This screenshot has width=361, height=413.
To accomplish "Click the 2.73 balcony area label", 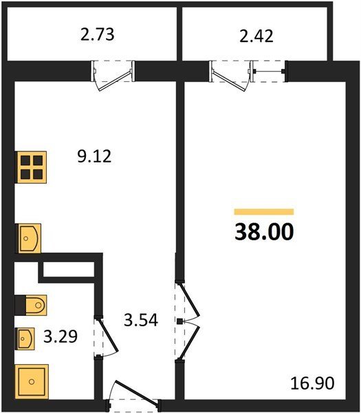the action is [x=98, y=35].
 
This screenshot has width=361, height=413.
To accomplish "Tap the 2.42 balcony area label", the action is [x=256, y=36].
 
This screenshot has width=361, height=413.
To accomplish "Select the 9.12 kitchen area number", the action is [x=94, y=156].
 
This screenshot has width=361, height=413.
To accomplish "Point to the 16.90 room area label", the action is [x=312, y=383].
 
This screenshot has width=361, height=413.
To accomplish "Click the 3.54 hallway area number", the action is [x=141, y=320].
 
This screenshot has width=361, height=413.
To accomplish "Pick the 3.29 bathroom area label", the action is [x=61, y=337].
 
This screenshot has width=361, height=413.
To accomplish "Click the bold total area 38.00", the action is [x=264, y=231].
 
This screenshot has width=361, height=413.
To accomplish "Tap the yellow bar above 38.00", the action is [x=264, y=212].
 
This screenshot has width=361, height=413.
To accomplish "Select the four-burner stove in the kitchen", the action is [x=32, y=167].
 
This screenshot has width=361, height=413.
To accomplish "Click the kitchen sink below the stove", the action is [x=28, y=238].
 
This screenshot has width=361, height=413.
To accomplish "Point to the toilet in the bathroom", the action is [x=36, y=305].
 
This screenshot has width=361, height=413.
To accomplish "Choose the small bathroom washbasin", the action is [x=25, y=339].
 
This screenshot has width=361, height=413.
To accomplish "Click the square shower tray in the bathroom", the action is [x=32, y=381].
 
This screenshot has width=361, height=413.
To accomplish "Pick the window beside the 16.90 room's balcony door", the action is [x=268, y=72].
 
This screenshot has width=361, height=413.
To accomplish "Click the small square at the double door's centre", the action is [x=179, y=321].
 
